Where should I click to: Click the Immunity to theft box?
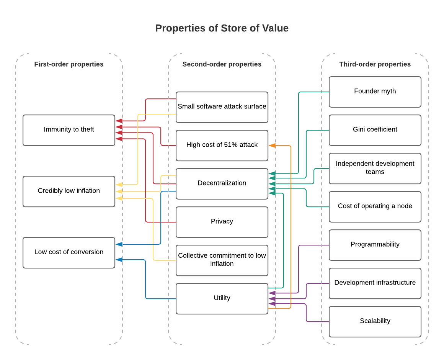(x=69, y=130)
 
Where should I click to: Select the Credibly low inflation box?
(x=69, y=191)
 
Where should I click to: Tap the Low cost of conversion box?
(x=69, y=253)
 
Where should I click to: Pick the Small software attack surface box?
(x=222, y=107)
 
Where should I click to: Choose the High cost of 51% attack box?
(x=222, y=146)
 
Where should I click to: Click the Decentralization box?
(x=222, y=184)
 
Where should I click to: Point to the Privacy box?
(x=222, y=222)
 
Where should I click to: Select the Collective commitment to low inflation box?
(x=222, y=260)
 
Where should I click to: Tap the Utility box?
(x=222, y=299)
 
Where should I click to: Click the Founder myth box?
(x=375, y=92)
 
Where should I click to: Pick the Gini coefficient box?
(x=375, y=130)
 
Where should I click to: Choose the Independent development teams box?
(x=375, y=169)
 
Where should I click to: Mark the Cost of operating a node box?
(x=375, y=207)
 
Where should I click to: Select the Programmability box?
(x=375, y=245)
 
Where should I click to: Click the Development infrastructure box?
(x=375, y=283)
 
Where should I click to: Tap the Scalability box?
(x=375, y=321)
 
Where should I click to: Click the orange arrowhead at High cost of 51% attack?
(x=272, y=146)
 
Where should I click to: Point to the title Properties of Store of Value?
(x=222, y=28)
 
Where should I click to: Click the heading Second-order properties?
(x=222, y=64)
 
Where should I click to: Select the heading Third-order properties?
(x=375, y=64)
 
